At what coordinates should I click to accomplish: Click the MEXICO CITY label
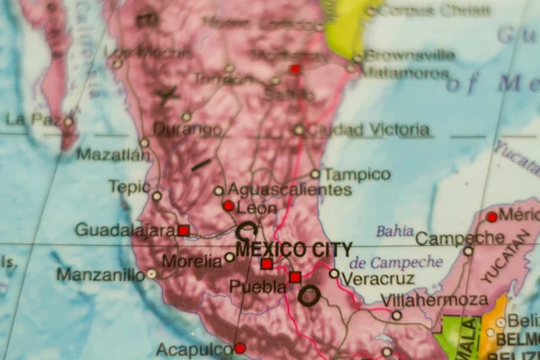(x=294, y=249)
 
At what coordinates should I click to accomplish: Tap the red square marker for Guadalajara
(x=184, y=230)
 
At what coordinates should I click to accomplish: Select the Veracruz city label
(x=378, y=279)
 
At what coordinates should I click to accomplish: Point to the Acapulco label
(x=194, y=349)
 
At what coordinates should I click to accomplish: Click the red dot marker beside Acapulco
(x=239, y=348)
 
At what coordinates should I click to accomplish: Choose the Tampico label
(x=357, y=174)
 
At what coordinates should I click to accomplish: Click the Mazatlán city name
(x=113, y=155)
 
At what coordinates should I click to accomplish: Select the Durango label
(x=186, y=130)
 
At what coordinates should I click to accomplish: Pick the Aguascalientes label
(x=289, y=190)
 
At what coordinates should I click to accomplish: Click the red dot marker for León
(x=229, y=206)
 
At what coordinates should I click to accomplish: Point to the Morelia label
(x=191, y=261)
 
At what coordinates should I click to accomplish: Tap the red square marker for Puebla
(x=295, y=277)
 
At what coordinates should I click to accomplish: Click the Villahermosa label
(x=434, y=300)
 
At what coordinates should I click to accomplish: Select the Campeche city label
(x=460, y=238)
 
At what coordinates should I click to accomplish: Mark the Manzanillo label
(x=100, y=274)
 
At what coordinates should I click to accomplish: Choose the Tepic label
(x=129, y=186)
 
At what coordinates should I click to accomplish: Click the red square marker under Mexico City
(x=266, y=264)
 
